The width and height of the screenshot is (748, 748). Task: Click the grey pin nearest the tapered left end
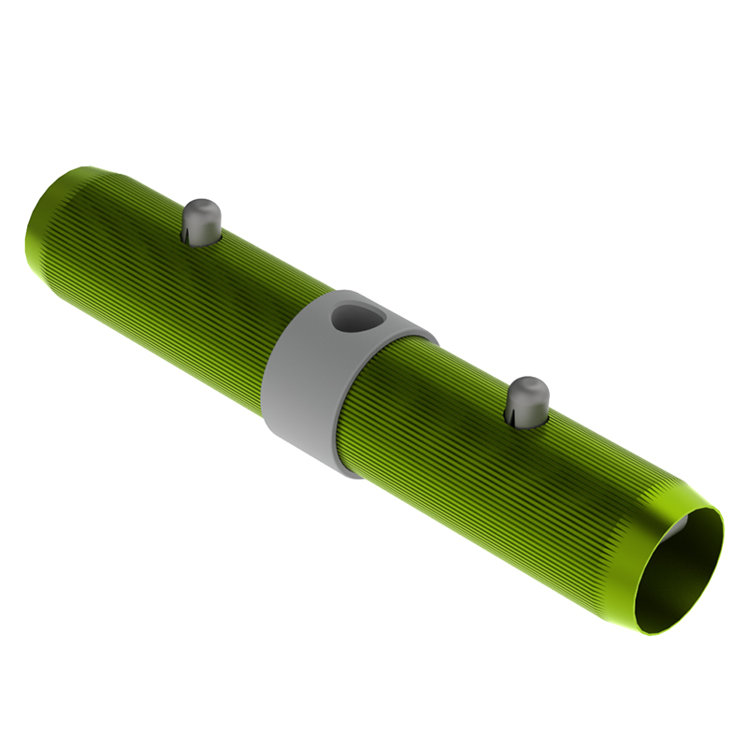[201, 221]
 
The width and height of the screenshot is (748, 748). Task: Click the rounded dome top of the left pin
[200, 207]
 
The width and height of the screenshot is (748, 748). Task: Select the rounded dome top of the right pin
[528, 384]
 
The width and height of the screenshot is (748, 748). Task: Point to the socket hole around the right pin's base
[528, 421]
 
